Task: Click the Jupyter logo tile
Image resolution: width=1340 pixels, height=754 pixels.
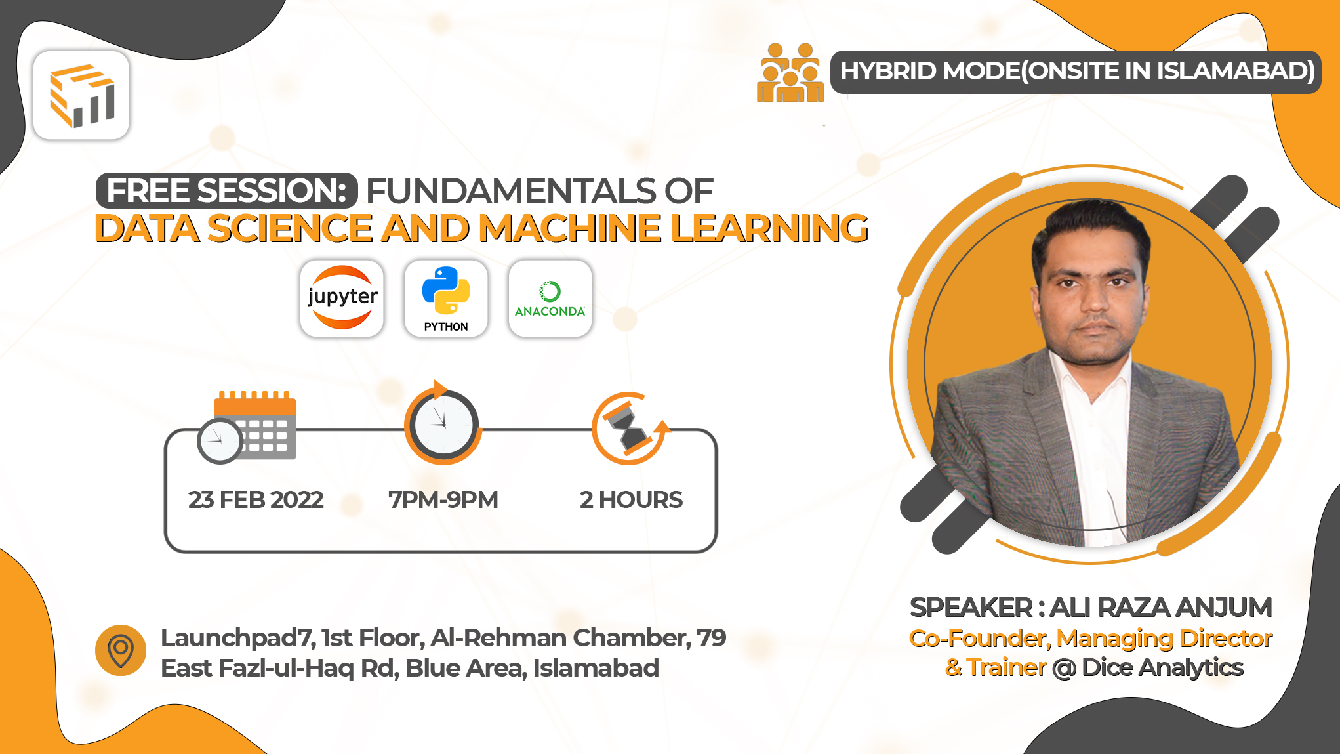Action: (x=342, y=299)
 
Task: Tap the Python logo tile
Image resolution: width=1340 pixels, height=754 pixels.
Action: (x=446, y=299)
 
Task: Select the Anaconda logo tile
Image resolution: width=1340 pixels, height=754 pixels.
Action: (x=550, y=299)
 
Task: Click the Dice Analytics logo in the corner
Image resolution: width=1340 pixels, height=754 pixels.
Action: (x=81, y=96)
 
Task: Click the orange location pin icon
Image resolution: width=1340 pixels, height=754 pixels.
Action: (x=121, y=650)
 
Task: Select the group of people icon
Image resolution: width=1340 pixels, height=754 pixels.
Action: (x=790, y=73)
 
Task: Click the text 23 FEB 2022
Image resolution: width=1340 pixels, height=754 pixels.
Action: (x=256, y=500)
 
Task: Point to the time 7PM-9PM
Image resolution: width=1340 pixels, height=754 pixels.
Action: (x=443, y=500)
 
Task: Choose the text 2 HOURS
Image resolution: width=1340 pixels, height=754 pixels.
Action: (x=631, y=500)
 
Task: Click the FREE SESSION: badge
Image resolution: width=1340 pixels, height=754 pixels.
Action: (x=227, y=191)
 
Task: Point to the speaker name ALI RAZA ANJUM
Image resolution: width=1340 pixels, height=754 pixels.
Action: (x=1160, y=608)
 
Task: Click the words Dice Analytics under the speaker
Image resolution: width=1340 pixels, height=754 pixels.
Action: (x=1162, y=667)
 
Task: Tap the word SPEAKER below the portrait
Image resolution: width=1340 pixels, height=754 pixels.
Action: (x=971, y=608)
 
